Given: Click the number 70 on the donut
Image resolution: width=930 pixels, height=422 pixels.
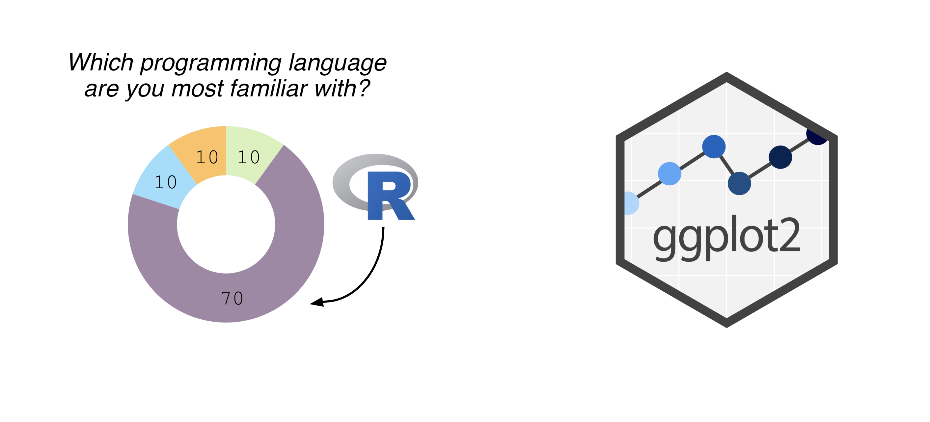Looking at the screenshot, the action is click(x=232, y=299).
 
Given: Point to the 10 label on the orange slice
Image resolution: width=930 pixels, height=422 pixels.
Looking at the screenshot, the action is click(x=207, y=157).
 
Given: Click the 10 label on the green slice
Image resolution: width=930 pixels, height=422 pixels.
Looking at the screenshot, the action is click(x=248, y=157).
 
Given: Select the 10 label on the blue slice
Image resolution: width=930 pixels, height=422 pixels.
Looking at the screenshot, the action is click(x=166, y=182).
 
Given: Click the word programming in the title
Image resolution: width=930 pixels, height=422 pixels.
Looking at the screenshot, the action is click(x=211, y=63).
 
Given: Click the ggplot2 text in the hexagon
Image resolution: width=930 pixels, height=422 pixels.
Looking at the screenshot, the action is click(x=726, y=238).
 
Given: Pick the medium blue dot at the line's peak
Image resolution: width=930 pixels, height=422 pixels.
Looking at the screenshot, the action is click(x=714, y=146).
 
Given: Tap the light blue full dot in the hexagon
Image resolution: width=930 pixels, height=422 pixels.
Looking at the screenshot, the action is click(x=670, y=173).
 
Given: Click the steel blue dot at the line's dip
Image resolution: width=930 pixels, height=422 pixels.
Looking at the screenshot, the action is click(x=739, y=183).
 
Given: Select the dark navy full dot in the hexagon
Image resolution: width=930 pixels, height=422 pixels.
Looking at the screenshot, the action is click(x=780, y=157).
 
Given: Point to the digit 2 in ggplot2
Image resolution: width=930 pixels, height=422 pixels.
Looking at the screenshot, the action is click(x=790, y=235).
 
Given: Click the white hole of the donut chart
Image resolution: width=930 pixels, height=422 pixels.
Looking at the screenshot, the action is click(x=226, y=224).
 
